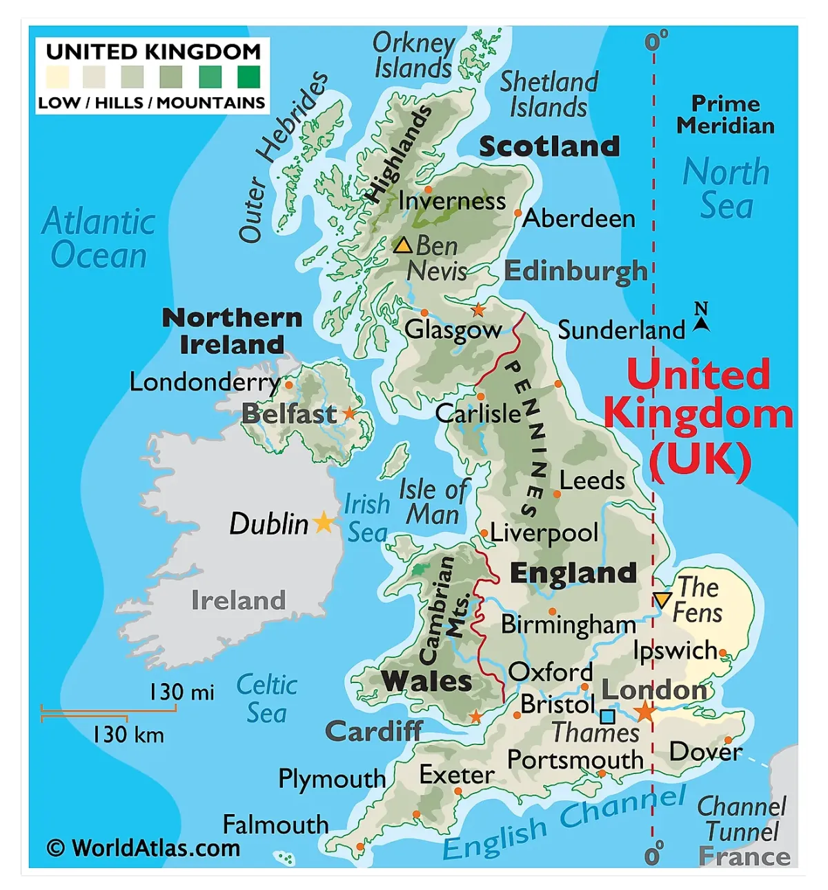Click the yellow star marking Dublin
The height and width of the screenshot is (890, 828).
coord(323,522)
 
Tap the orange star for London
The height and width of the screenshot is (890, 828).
coord(645,711)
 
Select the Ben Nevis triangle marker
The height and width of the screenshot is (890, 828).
coord(403,245)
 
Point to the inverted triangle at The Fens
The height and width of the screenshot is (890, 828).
coord(662,599)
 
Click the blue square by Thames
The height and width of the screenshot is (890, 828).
coord(608,716)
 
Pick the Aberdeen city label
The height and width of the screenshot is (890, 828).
coord(579,218)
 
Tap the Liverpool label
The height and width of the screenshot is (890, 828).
coord(544,533)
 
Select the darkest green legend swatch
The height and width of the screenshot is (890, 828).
coord(248,77)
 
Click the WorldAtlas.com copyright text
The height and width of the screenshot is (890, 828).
coord(144,847)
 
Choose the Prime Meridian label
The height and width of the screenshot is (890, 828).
coord(725,115)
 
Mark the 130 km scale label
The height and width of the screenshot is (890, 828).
coord(128,734)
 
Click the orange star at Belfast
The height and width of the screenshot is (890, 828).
coord(350,413)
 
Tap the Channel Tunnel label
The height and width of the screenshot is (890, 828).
coord(742,819)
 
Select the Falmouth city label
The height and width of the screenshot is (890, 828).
coord(275,824)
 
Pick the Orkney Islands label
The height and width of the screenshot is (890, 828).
coord(413,55)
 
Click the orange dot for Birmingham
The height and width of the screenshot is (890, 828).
coord(552,611)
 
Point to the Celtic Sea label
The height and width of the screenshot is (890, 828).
coord(266,698)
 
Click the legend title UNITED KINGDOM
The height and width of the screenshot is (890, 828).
coord(153,52)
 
